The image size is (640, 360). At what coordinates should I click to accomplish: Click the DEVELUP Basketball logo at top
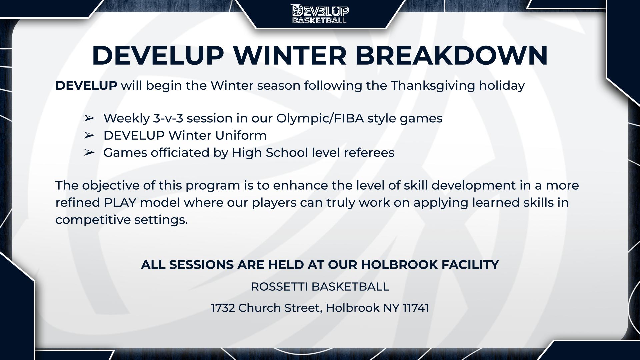coord(320,14)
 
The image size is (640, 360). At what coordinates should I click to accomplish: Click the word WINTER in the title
coord(290,55)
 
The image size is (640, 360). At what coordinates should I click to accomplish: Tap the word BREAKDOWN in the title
coord(452,55)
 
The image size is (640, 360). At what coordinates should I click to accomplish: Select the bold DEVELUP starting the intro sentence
coord(86,86)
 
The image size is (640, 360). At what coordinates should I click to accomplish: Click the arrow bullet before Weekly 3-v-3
coord(89,118)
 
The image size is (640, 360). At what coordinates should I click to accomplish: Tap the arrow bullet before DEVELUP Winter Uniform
coord(89,135)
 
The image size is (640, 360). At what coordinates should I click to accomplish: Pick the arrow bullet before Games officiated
coord(89,152)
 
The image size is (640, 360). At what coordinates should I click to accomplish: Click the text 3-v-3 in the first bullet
coord(168,118)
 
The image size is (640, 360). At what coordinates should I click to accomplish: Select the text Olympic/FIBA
coord(320,119)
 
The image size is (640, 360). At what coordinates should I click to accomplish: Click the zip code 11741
coord(416,308)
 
